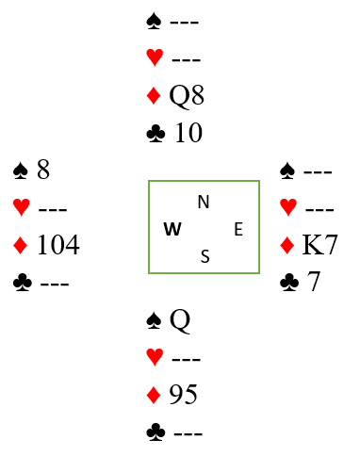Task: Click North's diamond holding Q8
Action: point(187,96)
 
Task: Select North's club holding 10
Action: point(188,133)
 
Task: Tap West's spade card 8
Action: point(43,170)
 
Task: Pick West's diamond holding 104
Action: point(58,244)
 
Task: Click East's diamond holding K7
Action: point(319,244)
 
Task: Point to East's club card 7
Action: point(313,282)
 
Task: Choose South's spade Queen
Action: point(180,321)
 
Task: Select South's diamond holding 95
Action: point(184,394)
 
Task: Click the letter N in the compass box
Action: point(204,202)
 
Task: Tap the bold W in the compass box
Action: point(172,229)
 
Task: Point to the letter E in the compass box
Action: point(238,229)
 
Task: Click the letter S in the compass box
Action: point(205,256)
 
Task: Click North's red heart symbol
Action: point(155,57)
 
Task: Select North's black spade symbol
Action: point(154,22)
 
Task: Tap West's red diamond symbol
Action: point(21,245)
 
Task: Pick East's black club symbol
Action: point(289,283)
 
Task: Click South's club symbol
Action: point(155,432)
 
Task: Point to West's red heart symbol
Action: point(22,207)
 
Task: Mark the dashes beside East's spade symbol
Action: point(318,171)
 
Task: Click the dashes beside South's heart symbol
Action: point(187,359)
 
